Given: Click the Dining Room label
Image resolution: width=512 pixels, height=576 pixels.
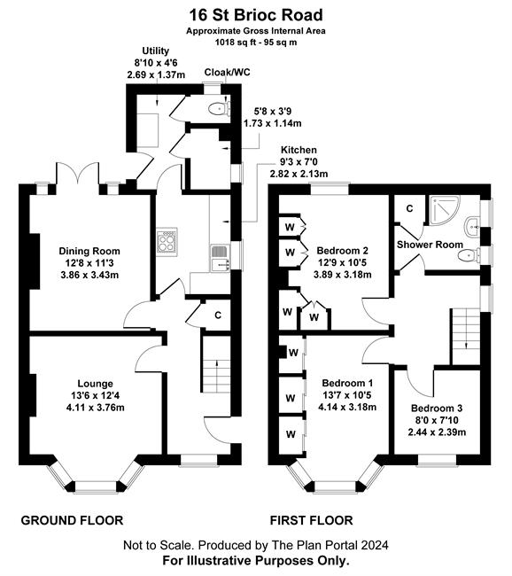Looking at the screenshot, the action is point(89,252).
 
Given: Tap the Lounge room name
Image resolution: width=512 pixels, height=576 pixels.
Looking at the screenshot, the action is point(96,384).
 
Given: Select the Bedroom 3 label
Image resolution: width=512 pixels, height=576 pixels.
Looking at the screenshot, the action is point(437,409).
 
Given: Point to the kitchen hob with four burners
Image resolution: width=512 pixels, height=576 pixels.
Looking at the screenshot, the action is point(167,241).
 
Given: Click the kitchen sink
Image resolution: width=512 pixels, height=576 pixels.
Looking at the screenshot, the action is point(221,258).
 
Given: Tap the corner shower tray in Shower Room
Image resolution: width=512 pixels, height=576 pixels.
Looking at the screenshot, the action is point(445,211).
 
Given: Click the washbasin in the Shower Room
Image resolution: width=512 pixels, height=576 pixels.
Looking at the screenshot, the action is point(472,228).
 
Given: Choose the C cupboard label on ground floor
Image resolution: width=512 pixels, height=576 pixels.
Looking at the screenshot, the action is point(218,315).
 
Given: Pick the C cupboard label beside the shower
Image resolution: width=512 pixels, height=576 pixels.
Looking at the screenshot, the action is point(409,208).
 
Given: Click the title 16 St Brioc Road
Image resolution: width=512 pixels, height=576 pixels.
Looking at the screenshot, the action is point(256,15).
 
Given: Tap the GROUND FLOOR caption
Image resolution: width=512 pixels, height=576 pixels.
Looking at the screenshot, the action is point(72,520).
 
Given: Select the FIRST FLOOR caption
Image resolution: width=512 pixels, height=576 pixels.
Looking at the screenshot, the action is point(312,520).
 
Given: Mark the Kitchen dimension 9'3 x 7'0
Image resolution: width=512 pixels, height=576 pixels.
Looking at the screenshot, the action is point(299,161).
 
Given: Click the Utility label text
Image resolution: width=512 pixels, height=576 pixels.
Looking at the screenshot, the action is point(156,51).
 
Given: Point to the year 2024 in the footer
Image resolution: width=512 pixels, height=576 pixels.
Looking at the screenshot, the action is point(375,545).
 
